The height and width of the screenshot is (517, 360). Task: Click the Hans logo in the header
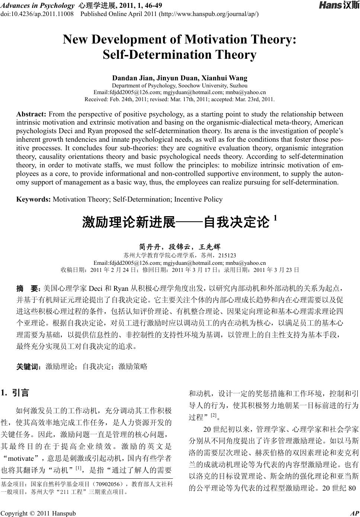(x=338, y=6)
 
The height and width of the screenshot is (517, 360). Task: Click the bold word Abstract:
(x=31, y=114)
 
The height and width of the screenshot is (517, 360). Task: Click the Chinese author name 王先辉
(x=210, y=247)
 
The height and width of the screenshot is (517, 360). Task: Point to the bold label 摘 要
(x=28, y=288)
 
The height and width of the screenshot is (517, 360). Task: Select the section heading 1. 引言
(x=15, y=393)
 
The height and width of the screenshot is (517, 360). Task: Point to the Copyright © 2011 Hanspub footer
(x=38, y=513)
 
